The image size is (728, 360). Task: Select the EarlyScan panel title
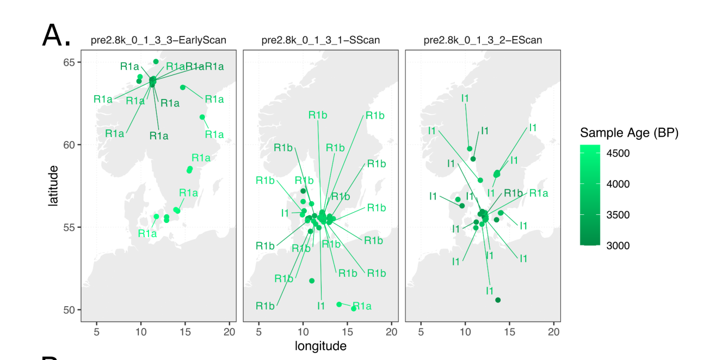tap(158, 40)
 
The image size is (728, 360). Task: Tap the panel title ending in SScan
tap(320, 40)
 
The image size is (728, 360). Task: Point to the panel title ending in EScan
tap(483, 40)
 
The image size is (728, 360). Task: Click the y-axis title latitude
tap(53, 186)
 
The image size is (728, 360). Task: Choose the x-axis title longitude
tap(320, 346)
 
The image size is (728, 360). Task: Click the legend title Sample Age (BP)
tap(629, 133)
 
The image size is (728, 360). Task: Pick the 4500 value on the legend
tap(618, 153)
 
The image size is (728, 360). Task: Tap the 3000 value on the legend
tap(618, 246)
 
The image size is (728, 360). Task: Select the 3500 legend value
tap(618, 215)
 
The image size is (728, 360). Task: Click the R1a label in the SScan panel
tap(362, 306)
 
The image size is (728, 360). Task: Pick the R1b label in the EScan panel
tap(513, 193)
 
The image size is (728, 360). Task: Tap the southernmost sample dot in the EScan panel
tap(498, 300)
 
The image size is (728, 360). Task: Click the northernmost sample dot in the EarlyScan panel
tap(156, 61)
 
